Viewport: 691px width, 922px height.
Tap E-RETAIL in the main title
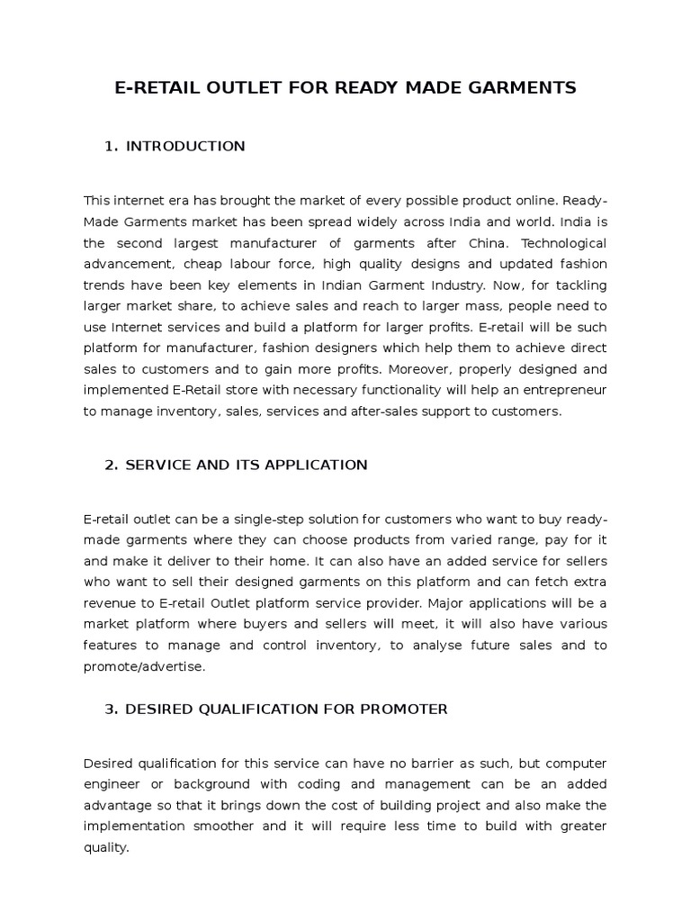pyautogui.click(x=159, y=88)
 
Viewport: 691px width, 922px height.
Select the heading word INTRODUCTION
pyautogui.click(x=185, y=146)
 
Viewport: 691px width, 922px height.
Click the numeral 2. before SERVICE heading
pyautogui.click(x=112, y=465)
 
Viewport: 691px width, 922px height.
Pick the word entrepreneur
pyautogui.click(x=563, y=390)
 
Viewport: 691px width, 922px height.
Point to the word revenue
pyautogui.click(x=111, y=603)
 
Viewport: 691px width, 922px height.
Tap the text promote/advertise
pyautogui.click(x=144, y=666)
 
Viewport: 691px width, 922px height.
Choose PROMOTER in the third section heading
pyautogui.click(x=402, y=709)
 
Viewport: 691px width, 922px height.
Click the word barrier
pyautogui.click(x=399, y=764)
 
